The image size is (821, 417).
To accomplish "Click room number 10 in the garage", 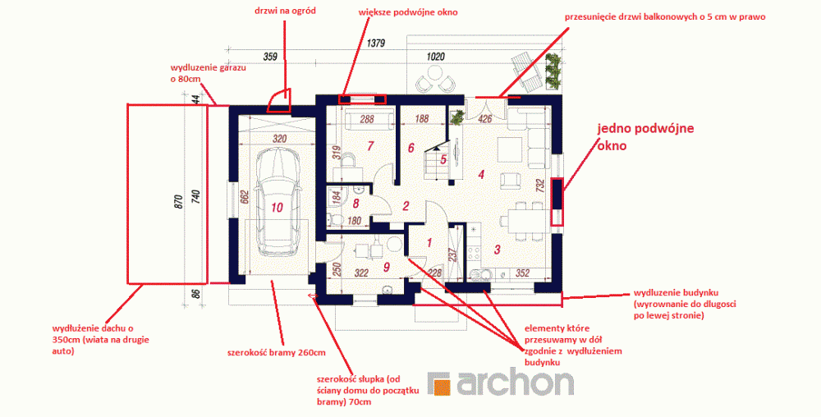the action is point(277,208).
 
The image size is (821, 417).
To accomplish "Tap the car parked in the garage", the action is point(277,201).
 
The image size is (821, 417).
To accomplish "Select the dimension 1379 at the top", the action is point(375,44).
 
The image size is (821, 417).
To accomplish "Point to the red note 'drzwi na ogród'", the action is point(285,11).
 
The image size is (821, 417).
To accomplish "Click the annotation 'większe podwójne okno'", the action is point(408,11).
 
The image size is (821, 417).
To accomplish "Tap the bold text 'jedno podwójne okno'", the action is point(645,137).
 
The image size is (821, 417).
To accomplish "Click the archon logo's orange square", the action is point(438,384).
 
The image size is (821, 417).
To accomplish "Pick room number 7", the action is point(370,146).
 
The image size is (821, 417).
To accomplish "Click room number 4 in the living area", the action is point(481,175).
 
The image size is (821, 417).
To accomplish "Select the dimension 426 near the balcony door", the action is point(485,119).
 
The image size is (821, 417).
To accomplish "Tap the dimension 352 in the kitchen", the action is point(522,273).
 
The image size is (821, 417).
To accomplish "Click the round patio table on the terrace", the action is point(435,83).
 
